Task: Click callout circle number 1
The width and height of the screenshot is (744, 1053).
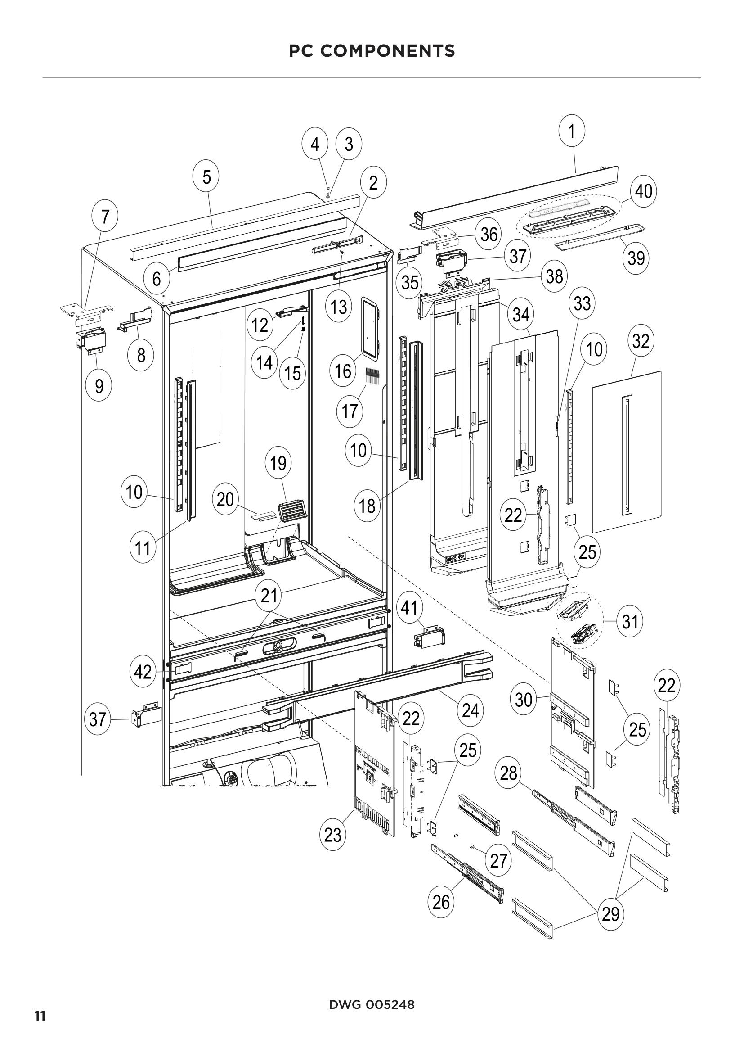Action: (x=572, y=131)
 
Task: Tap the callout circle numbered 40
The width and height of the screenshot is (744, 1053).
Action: (x=644, y=191)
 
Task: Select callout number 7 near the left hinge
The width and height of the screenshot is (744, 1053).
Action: (x=105, y=217)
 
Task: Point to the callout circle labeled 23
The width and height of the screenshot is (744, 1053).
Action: (x=333, y=835)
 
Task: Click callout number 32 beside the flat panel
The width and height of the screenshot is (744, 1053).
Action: (x=641, y=341)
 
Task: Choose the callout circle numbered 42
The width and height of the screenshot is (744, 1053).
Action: (x=143, y=672)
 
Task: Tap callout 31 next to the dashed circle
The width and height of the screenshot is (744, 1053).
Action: (x=630, y=622)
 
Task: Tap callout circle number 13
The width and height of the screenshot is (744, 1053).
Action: (x=339, y=307)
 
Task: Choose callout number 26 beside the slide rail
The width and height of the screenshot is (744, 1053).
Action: (x=441, y=902)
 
